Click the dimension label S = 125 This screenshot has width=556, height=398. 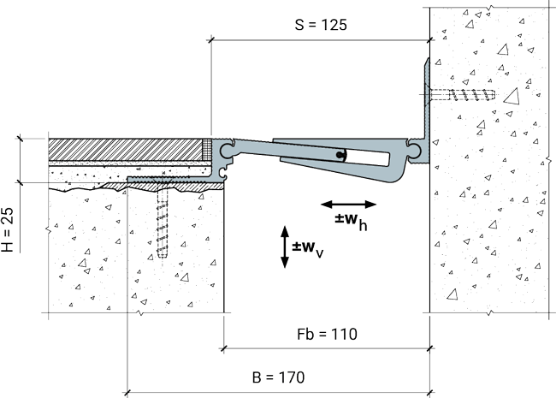[x=321, y=25]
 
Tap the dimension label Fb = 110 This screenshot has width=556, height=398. [x=327, y=334]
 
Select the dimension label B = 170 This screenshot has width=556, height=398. [x=278, y=377]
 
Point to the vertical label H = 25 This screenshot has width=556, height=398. [x=8, y=229]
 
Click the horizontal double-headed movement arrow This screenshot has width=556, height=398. [x=348, y=205]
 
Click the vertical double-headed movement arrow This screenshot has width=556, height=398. [x=285, y=247]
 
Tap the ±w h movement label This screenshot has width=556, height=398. [x=351, y=222]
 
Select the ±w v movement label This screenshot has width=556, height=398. [x=307, y=249]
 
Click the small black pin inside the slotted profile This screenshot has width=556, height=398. [x=340, y=155]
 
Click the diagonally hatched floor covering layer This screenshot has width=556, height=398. [x=125, y=149]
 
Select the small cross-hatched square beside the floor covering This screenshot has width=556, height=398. [x=207, y=149]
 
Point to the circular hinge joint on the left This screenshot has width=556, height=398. [x=226, y=150]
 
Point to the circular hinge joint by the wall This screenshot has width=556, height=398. [x=414, y=151]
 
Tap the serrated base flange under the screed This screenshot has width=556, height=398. [x=175, y=180]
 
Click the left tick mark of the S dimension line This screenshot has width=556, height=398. [x=211, y=40]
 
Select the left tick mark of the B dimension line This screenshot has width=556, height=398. [x=127, y=393]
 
